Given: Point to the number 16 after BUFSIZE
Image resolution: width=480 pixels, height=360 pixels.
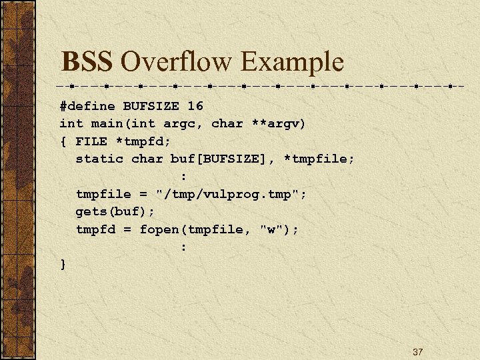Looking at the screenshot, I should pos(195,106).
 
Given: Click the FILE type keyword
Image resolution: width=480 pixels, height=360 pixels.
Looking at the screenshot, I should pos(91,141).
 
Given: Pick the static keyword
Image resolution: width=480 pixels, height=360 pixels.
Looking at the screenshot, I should pos(99,159).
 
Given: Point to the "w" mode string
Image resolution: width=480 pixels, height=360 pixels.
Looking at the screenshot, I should pos(271,229).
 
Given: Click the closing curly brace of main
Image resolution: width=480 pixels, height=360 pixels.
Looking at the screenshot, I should pos(63,265).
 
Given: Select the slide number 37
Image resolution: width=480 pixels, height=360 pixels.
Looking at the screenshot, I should pos(418,351).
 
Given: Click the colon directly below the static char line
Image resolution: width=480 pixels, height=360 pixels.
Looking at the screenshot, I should pos(183,177).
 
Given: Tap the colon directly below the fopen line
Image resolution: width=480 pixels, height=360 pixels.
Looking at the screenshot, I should pos(183,247).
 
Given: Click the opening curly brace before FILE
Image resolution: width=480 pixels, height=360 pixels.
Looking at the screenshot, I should pos(63,141).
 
